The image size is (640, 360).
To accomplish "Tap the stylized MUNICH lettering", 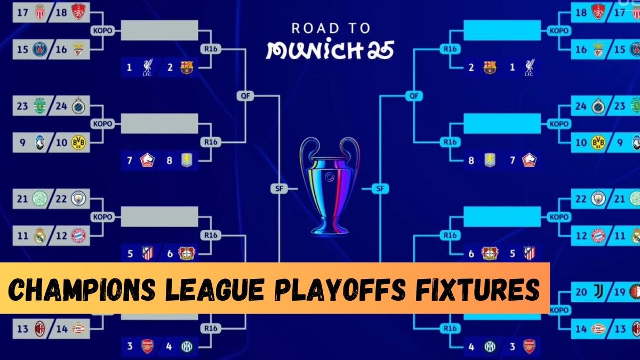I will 330,50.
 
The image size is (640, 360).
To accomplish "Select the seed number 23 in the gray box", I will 22,106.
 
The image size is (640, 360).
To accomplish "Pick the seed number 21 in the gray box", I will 22,199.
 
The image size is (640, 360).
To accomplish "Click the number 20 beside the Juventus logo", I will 581,292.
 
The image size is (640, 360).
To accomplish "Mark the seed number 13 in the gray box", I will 22,329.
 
